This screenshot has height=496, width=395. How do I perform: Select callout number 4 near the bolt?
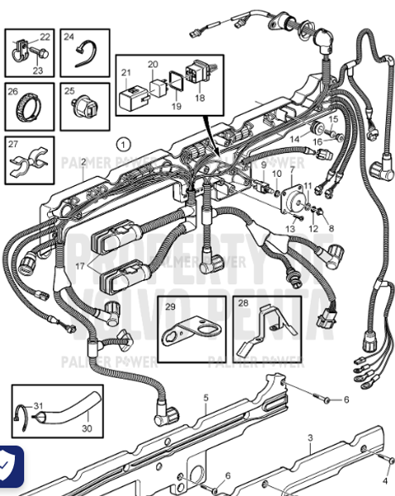pyautogui.click(x=384, y=480)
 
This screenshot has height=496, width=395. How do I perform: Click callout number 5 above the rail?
pyautogui.click(x=206, y=398)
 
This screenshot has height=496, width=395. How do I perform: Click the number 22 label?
pyautogui.click(x=45, y=37)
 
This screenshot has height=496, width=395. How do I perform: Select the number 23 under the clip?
pyautogui.click(x=37, y=71)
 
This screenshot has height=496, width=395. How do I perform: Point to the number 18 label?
pyautogui.click(x=198, y=98)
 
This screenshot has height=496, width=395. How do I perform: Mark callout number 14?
pyautogui.click(x=294, y=140)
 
